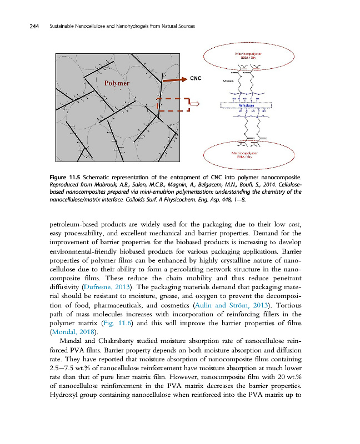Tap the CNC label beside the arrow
point(196,78)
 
